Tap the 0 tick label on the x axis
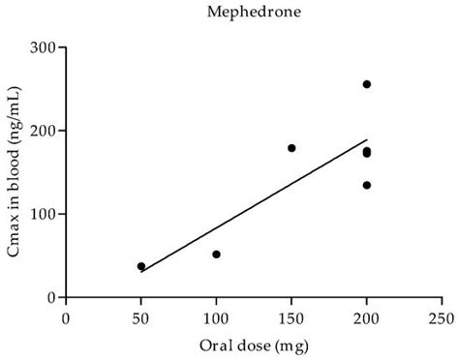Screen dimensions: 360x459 (66, 315)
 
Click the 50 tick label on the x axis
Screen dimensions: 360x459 (140, 315)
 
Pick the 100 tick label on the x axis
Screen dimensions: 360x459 (216, 315)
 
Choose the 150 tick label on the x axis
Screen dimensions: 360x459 (291, 315)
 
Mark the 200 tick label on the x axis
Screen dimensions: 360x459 (366, 315)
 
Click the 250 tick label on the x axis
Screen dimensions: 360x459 (442, 315)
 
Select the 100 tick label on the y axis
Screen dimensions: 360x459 (43, 214)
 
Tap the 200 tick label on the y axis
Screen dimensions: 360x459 (43, 131)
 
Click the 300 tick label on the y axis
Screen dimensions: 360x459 (43, 47)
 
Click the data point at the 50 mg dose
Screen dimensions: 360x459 (141, 266)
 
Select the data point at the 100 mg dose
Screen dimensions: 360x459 (216, 255)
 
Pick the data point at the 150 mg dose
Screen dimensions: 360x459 (291, 148)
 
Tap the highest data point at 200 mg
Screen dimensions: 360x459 (367, 84)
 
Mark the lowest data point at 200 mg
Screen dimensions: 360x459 (367, 185)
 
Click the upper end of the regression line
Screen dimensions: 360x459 (367, 140)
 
